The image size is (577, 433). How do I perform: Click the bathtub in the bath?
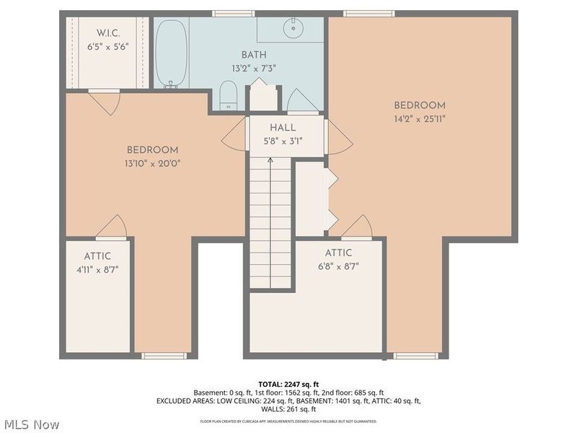pyautogui.click(x=172, y=53)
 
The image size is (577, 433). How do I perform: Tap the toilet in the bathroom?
pyautogui.click(x=228, y=96)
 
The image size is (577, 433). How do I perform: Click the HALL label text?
pyautogui.click(x=283, y=127)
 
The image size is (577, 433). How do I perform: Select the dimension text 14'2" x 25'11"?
pyautogui.click(x=419, y=118)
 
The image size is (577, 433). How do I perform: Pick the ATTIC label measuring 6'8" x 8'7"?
pyautogui.click(x=338, y=253)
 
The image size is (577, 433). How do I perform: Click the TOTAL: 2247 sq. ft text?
pyautogui.click(x=288, y=383)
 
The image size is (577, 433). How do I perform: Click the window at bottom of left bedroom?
pyautogui.click(x=154, y=355)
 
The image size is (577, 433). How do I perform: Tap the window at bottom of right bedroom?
pyautogui.click(x=416, y=355)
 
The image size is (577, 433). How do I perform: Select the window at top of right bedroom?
pyautogui.click(x=368, y=13)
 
